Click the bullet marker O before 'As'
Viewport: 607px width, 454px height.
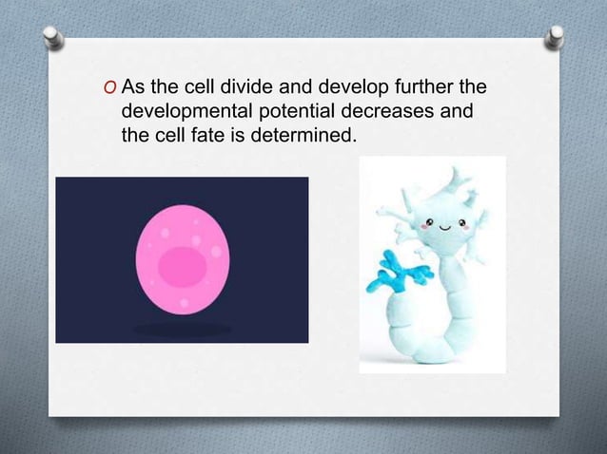111,91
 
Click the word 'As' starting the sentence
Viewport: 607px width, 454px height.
133,90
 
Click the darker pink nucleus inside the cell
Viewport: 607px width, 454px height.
183,265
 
